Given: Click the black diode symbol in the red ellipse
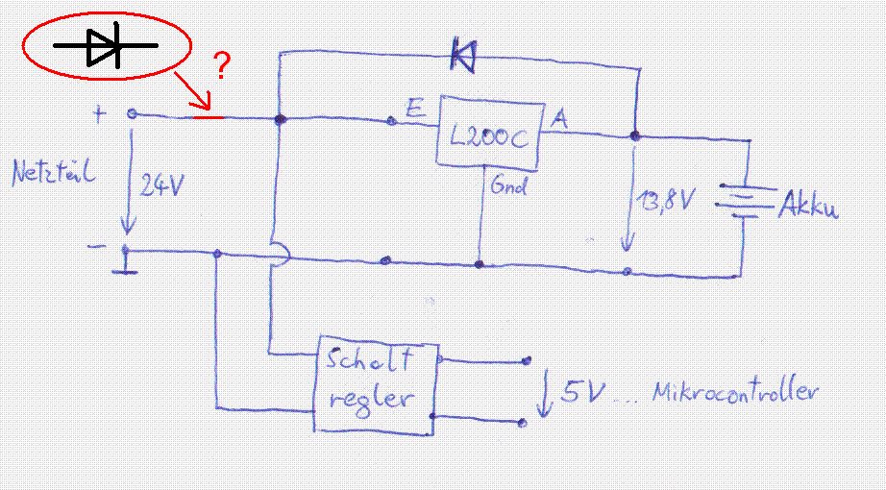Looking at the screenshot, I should coord(106,46).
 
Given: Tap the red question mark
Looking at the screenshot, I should coord(221,66).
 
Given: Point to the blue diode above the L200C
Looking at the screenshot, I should coord(463,59).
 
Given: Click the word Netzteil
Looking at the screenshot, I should coord(52,175).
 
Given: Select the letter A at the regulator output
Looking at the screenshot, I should coord(558,118).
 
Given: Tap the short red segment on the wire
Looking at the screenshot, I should coord(209,117).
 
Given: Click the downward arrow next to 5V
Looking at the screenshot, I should coord(545,397).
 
